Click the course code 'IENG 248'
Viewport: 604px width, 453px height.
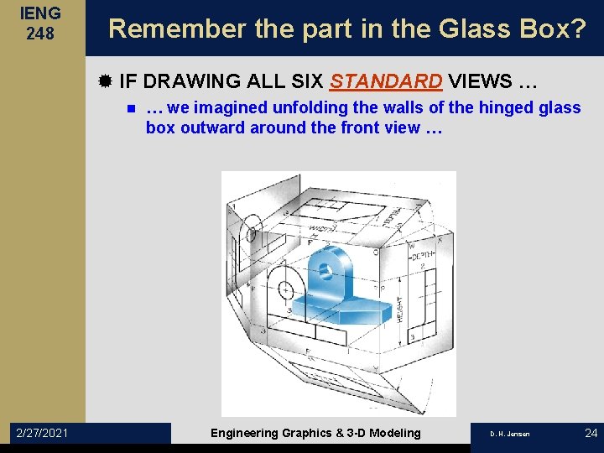(x=41, y=23)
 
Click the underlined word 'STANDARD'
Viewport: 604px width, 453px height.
(x=387, y=81)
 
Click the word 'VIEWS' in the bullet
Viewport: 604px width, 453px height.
(x=481, y=81)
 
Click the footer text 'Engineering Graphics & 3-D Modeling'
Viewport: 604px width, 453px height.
(x=315, y=432)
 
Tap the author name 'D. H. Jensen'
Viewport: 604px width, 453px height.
(x=510, y=433)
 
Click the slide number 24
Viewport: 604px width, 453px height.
(x=590, y=432)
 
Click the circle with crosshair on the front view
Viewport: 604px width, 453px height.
(x=286, y=289)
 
